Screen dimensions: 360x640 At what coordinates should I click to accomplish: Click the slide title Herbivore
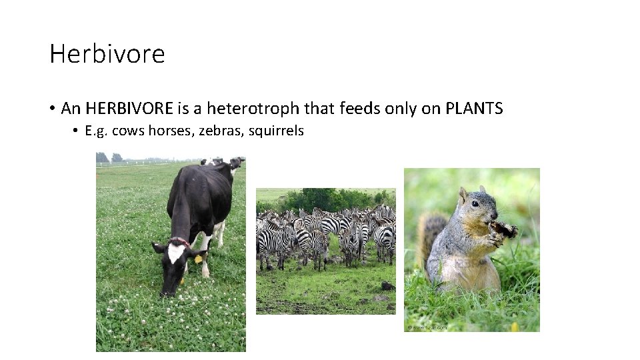[107, 53]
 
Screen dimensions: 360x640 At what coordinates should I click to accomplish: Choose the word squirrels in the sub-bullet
[276, 131]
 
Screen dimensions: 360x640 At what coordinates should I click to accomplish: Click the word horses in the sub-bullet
[165, 131]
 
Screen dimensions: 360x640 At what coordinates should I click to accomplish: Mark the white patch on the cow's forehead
[175, 252]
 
